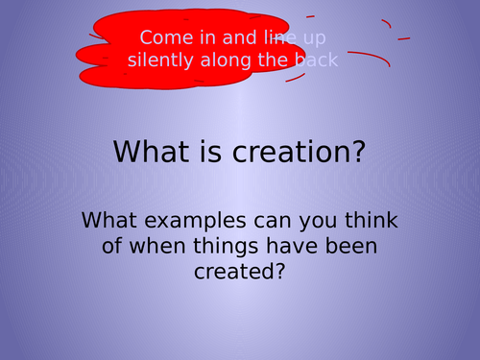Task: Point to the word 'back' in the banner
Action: (x=316, y=60)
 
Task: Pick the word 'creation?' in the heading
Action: (x=299, y=152)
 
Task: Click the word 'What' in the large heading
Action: (x=152, y=152)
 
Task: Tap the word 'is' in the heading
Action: (x=211, y=152)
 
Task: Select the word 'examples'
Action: (x=195, y=222)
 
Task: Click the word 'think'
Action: (x=372, y=220)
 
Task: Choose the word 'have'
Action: (x=292, y=246)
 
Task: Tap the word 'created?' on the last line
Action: (x=239, y=271)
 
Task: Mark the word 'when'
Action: (x=157, y=246)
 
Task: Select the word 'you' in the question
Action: (x=318, y=222)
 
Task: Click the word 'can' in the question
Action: (x=273, y=222)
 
